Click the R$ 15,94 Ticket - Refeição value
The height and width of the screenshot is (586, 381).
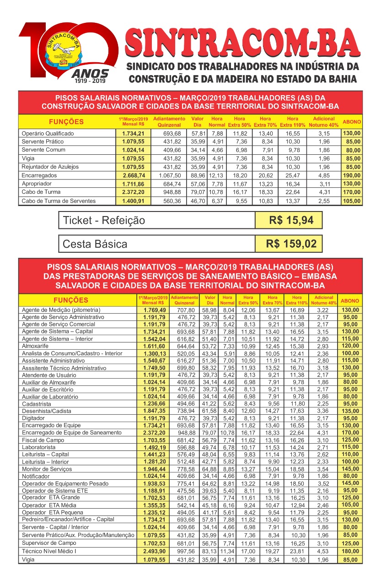[x=291, y=220]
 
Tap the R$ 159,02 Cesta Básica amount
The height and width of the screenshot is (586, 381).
[x=291, y=244]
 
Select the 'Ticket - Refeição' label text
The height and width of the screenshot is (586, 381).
[x=104, y=220]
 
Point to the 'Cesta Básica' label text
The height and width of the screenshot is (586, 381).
[x=95, y=244]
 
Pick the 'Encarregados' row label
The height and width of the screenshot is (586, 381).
[x=39, y=175]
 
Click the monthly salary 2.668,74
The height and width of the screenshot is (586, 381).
[x=134, y=175]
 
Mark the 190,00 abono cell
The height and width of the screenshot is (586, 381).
[x=351, y=175]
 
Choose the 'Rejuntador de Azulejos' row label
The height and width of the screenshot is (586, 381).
[x=50, y=167]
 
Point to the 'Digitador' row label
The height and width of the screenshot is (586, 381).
[x=34, y=418]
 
